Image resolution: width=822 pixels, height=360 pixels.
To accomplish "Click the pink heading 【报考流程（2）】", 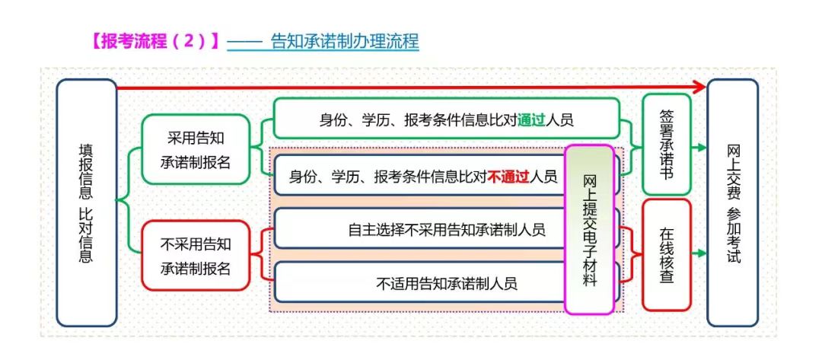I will point(155,41).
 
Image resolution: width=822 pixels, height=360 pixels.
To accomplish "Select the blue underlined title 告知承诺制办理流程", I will point(344,41).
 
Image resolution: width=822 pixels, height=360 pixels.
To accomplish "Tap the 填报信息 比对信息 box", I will point(86,202).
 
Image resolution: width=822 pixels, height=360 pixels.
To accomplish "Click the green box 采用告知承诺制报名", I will point(195,149).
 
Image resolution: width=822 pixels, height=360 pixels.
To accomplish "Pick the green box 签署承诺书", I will point(666,144).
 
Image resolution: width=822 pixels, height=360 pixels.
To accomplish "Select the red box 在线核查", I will point(666,255).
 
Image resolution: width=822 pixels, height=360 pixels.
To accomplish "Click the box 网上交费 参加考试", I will point(732,202).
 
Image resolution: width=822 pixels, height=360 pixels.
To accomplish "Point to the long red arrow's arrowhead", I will point(699,88).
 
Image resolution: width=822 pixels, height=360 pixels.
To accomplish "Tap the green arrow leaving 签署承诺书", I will point(699,148).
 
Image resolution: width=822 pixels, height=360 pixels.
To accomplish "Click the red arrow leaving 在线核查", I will point(699,254).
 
